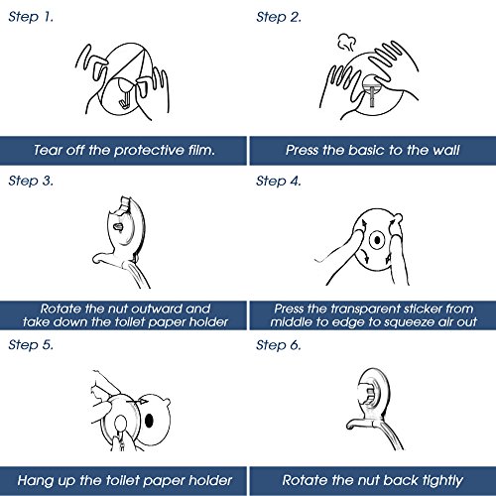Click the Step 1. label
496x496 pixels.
point(31,17)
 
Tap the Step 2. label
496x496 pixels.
point(279,17)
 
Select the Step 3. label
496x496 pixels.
point(31,181)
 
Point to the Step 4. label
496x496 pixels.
point(279,181)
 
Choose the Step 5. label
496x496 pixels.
point(31,344)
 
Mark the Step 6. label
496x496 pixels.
point(279,345)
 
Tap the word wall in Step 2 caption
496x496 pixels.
point(446,150)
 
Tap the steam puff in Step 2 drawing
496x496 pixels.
point(346,42)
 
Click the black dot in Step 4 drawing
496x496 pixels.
point(377,240)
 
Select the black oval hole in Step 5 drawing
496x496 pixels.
point(150,421)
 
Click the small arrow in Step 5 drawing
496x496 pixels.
point(137,402)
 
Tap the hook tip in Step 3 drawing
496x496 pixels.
point(96,259)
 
